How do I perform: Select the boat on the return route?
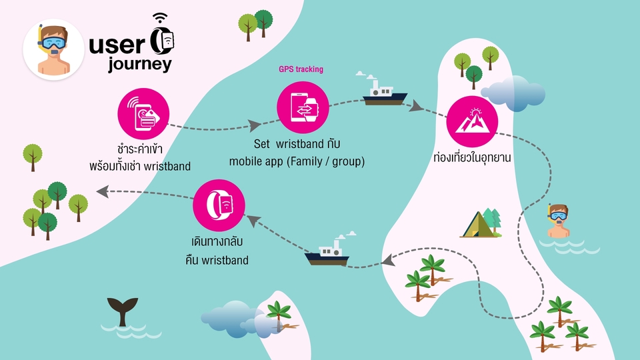click(x=327, y=253)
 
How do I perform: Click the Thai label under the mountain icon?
click(x=471, y=160)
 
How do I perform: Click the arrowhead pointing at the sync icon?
click(x=255, y=125)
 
